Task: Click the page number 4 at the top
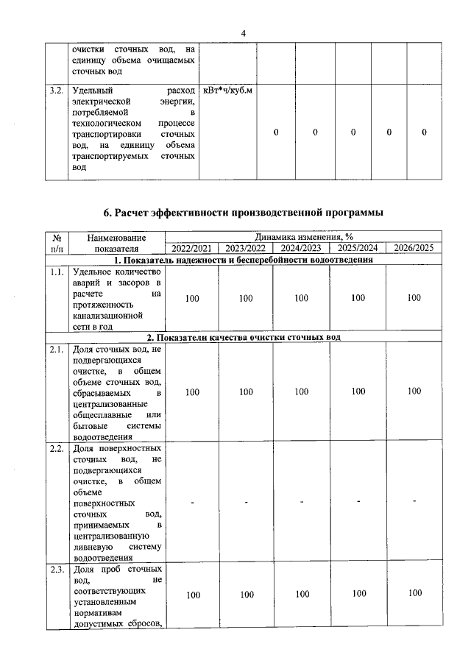(243, 33)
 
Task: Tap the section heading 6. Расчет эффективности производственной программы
(243, 213)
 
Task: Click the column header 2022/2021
(191, 248)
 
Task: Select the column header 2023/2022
(246, 248)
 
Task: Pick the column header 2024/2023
(301, 248)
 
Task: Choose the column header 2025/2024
(358, 248)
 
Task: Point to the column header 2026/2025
(414, 248)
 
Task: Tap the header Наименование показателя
(116, 243)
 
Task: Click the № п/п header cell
(57, 243)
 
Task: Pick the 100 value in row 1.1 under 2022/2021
(191, 298)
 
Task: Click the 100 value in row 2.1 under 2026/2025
(414, 392)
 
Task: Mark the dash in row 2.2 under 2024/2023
(301, 502)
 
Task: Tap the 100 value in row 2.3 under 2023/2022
(246, 594)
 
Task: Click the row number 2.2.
(55, 447)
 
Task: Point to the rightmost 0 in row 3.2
(425, 132)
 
